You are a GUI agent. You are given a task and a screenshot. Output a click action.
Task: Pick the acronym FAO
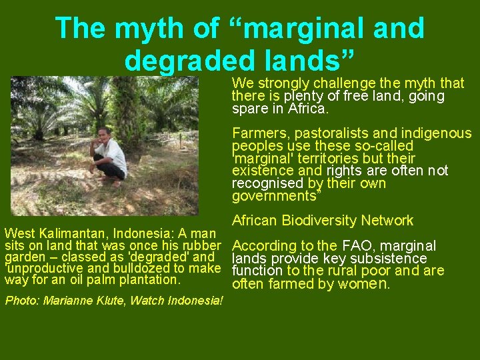pos(358,246)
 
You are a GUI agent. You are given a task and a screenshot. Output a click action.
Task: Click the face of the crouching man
pos(103,134)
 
